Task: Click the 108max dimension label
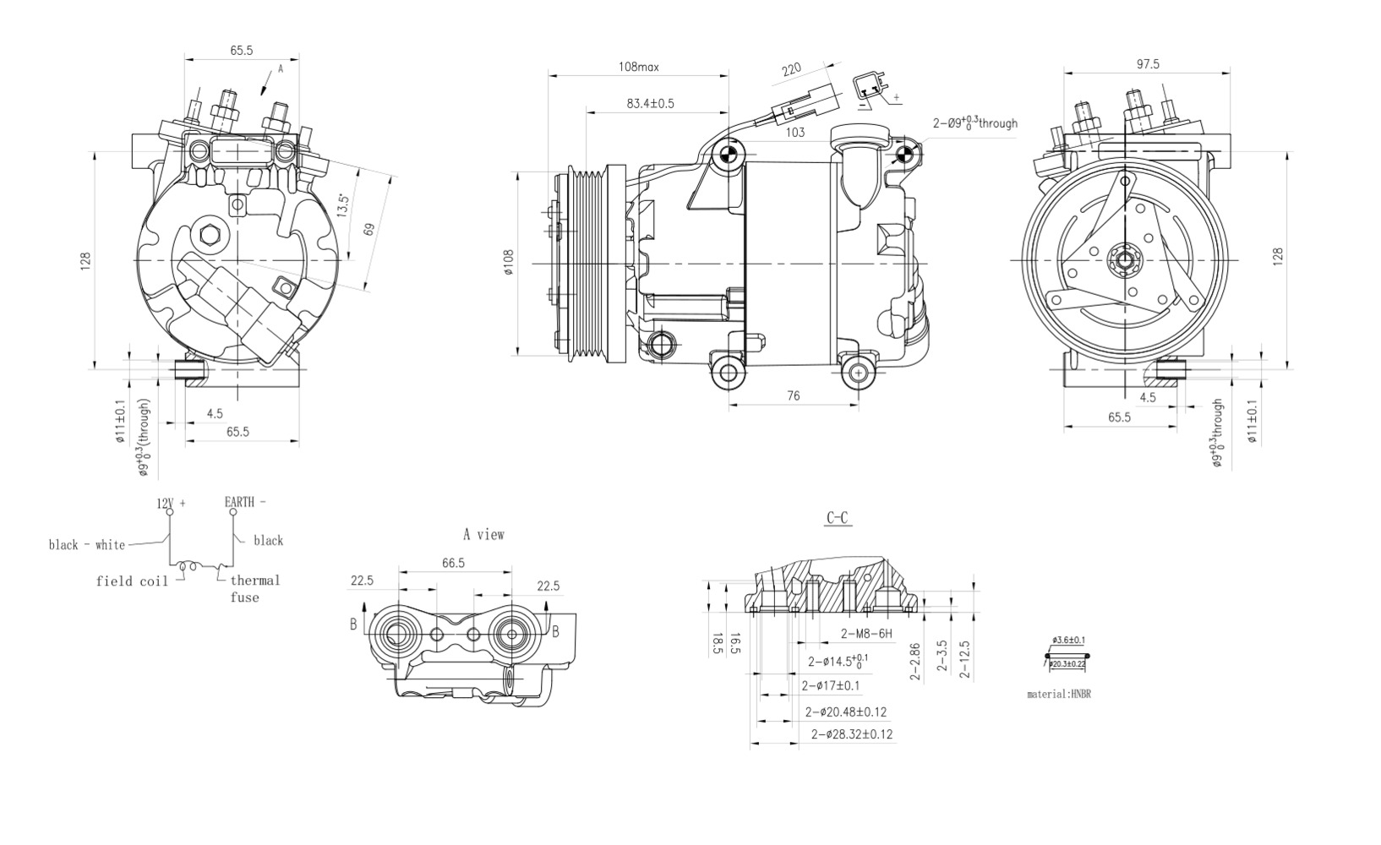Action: point(639,66)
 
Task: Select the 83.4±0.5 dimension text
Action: point(650,104)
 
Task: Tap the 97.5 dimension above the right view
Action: point(1147,64)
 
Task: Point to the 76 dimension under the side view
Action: point(793,395)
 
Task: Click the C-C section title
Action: point(838,518)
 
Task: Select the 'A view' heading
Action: point(483,534)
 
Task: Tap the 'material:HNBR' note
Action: point(1058,694)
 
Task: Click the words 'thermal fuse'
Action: point(253,588)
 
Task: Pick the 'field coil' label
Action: point(131,581)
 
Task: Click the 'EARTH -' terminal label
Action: point(244,502)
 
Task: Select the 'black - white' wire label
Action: point(86,545)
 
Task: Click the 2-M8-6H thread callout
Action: point(866,634)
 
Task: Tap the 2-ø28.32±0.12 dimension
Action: point(851,733)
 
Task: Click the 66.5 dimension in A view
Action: point(453,563)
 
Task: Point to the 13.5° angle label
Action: point(342,206)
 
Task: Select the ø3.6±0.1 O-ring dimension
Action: point(1068,641)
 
